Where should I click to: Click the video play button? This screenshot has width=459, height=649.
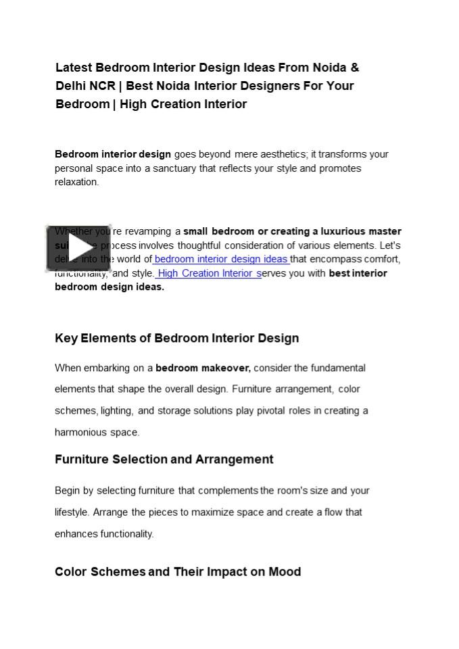pos(78,248)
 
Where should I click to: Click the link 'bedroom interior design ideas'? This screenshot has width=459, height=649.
pos(221,259)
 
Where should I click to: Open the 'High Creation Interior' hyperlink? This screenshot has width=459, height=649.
pos(209,273)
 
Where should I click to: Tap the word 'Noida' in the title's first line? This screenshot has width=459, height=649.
pos(329,68)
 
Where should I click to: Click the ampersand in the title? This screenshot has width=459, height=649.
pos(355,68)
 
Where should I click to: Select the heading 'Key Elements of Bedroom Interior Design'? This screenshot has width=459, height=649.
pos(176,338)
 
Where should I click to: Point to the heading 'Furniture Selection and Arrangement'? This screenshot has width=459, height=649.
pos(164,460)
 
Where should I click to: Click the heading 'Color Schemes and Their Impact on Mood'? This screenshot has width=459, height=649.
pos(177,572)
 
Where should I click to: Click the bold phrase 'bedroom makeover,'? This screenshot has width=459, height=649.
pos(203,368)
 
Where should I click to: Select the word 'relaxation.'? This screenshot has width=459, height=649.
pos(76,182)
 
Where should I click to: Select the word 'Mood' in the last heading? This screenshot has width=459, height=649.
pos(285,572)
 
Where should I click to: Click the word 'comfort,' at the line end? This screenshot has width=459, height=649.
pos(382,259)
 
